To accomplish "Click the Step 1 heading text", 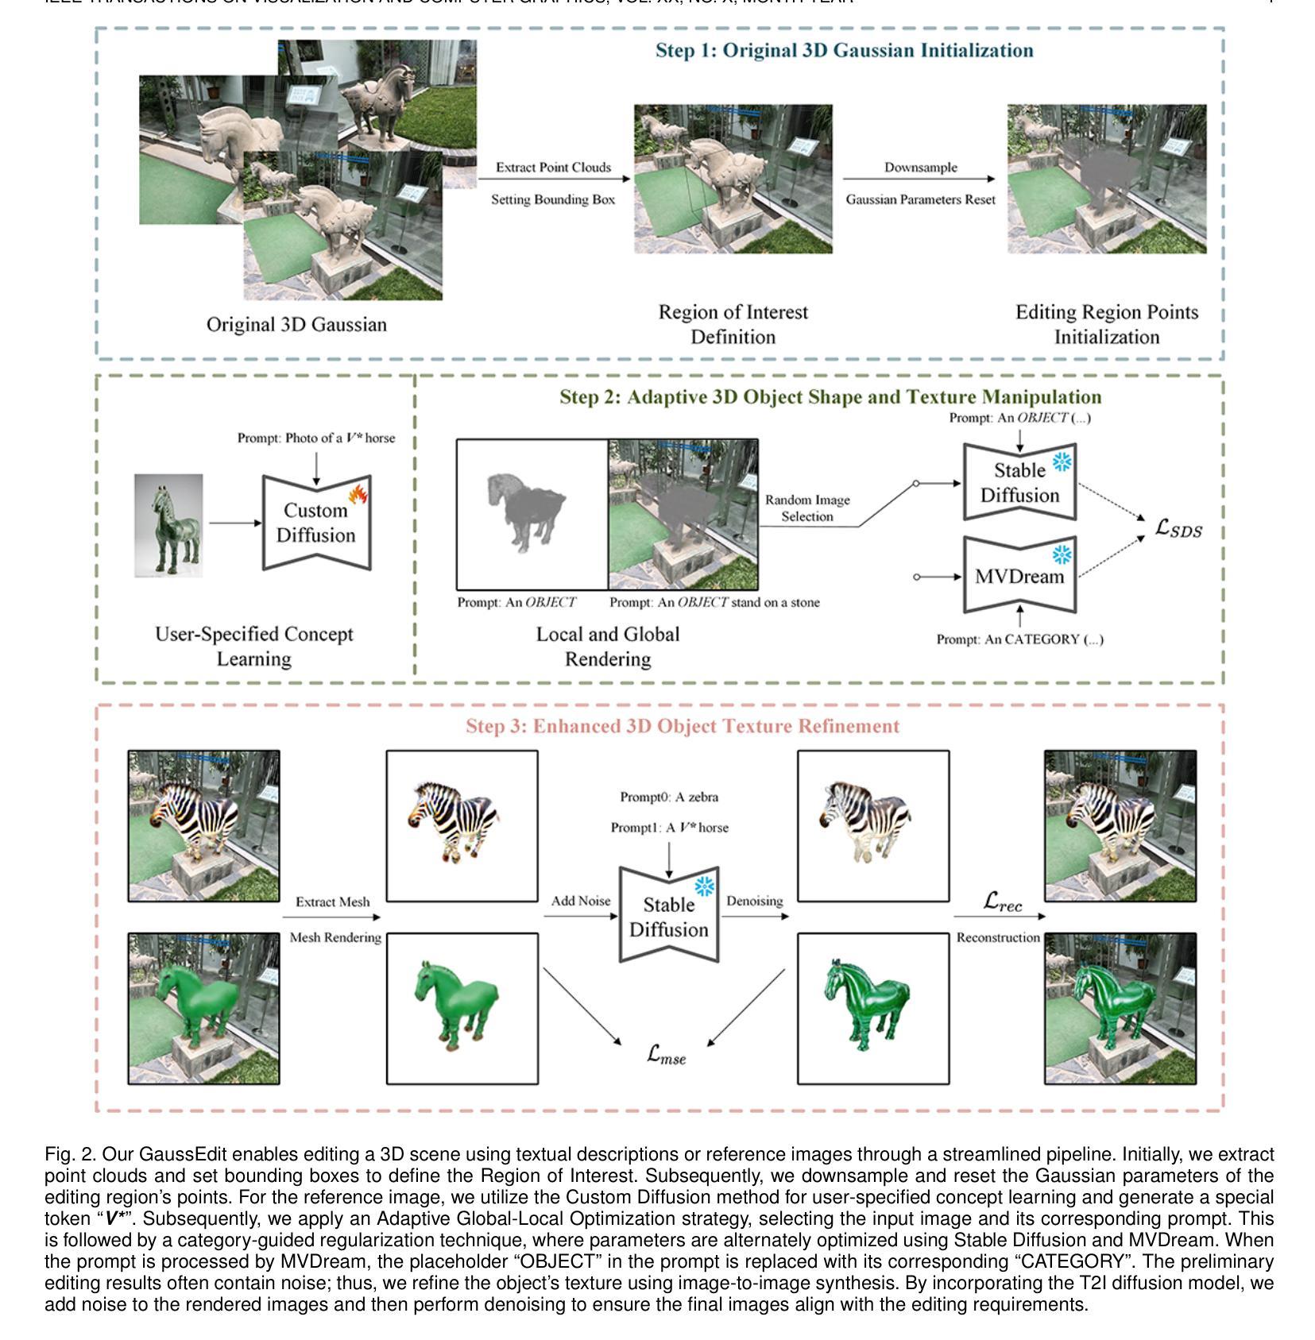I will (844, 51).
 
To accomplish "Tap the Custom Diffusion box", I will (315, 523).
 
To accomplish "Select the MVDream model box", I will (1019, 576).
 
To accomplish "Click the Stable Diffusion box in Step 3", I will (668, 917).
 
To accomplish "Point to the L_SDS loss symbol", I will (1178, 528).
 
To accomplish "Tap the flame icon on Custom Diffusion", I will (358, 495).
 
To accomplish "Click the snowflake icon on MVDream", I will (1062, 554).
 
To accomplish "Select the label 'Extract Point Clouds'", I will (553, 168).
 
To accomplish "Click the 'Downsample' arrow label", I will (920, 168).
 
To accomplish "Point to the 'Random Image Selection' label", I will (807, 508).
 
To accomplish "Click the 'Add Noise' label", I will (581, 901).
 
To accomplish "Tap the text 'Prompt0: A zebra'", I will (669, 797).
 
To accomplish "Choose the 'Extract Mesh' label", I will (332, 902).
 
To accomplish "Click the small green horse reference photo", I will (168, 525).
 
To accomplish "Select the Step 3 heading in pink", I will (682, 726).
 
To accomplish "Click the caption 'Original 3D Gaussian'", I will (296, 325).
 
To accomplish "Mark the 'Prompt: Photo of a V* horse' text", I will (315, 438).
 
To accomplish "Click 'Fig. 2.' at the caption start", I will (69, 1154).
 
